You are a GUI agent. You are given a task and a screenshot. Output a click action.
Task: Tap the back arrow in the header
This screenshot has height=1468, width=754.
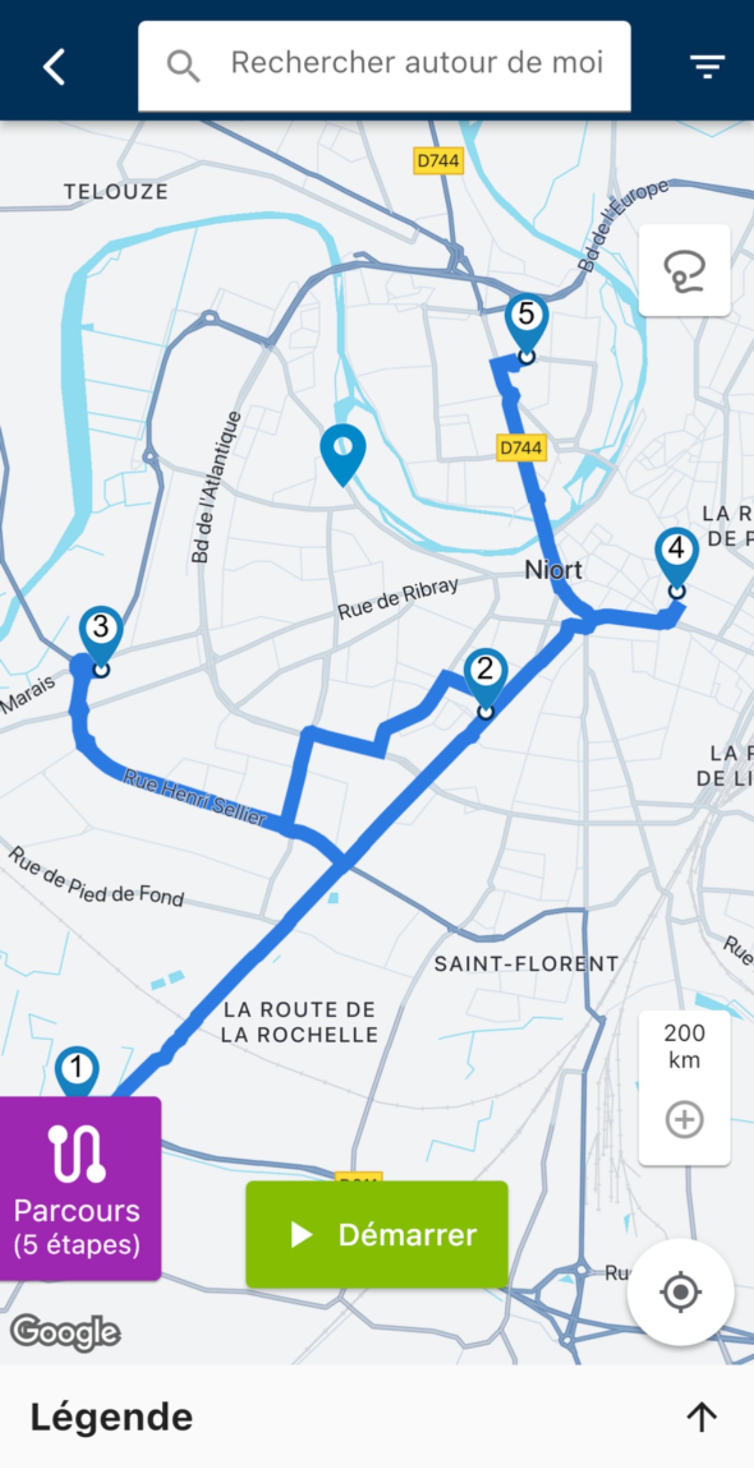54,66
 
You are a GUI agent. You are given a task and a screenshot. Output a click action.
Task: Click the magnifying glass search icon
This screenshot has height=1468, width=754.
184,66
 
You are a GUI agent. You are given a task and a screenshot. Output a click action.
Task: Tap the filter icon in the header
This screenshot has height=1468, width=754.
707,66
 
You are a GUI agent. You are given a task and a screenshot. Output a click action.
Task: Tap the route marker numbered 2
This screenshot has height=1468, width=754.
485,672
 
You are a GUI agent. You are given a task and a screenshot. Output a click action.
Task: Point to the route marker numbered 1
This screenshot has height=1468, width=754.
77,1069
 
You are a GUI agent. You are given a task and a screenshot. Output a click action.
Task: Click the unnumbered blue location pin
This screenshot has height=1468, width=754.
343,450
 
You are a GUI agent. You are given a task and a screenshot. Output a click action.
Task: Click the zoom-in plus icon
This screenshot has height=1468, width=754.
684,1120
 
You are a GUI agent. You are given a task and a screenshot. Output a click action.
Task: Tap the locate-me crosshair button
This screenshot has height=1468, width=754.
680,1292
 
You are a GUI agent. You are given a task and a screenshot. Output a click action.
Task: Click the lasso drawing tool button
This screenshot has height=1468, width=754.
684,270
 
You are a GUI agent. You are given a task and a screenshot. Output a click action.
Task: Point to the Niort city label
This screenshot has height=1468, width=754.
553,570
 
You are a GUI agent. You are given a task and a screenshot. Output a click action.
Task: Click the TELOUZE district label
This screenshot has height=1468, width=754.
116,191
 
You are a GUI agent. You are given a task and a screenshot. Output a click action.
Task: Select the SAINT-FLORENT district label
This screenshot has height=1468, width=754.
526,964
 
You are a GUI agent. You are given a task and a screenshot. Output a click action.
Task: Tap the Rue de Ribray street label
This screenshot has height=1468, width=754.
398,598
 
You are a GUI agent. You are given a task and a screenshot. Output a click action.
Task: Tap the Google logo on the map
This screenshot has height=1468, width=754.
65,1332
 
